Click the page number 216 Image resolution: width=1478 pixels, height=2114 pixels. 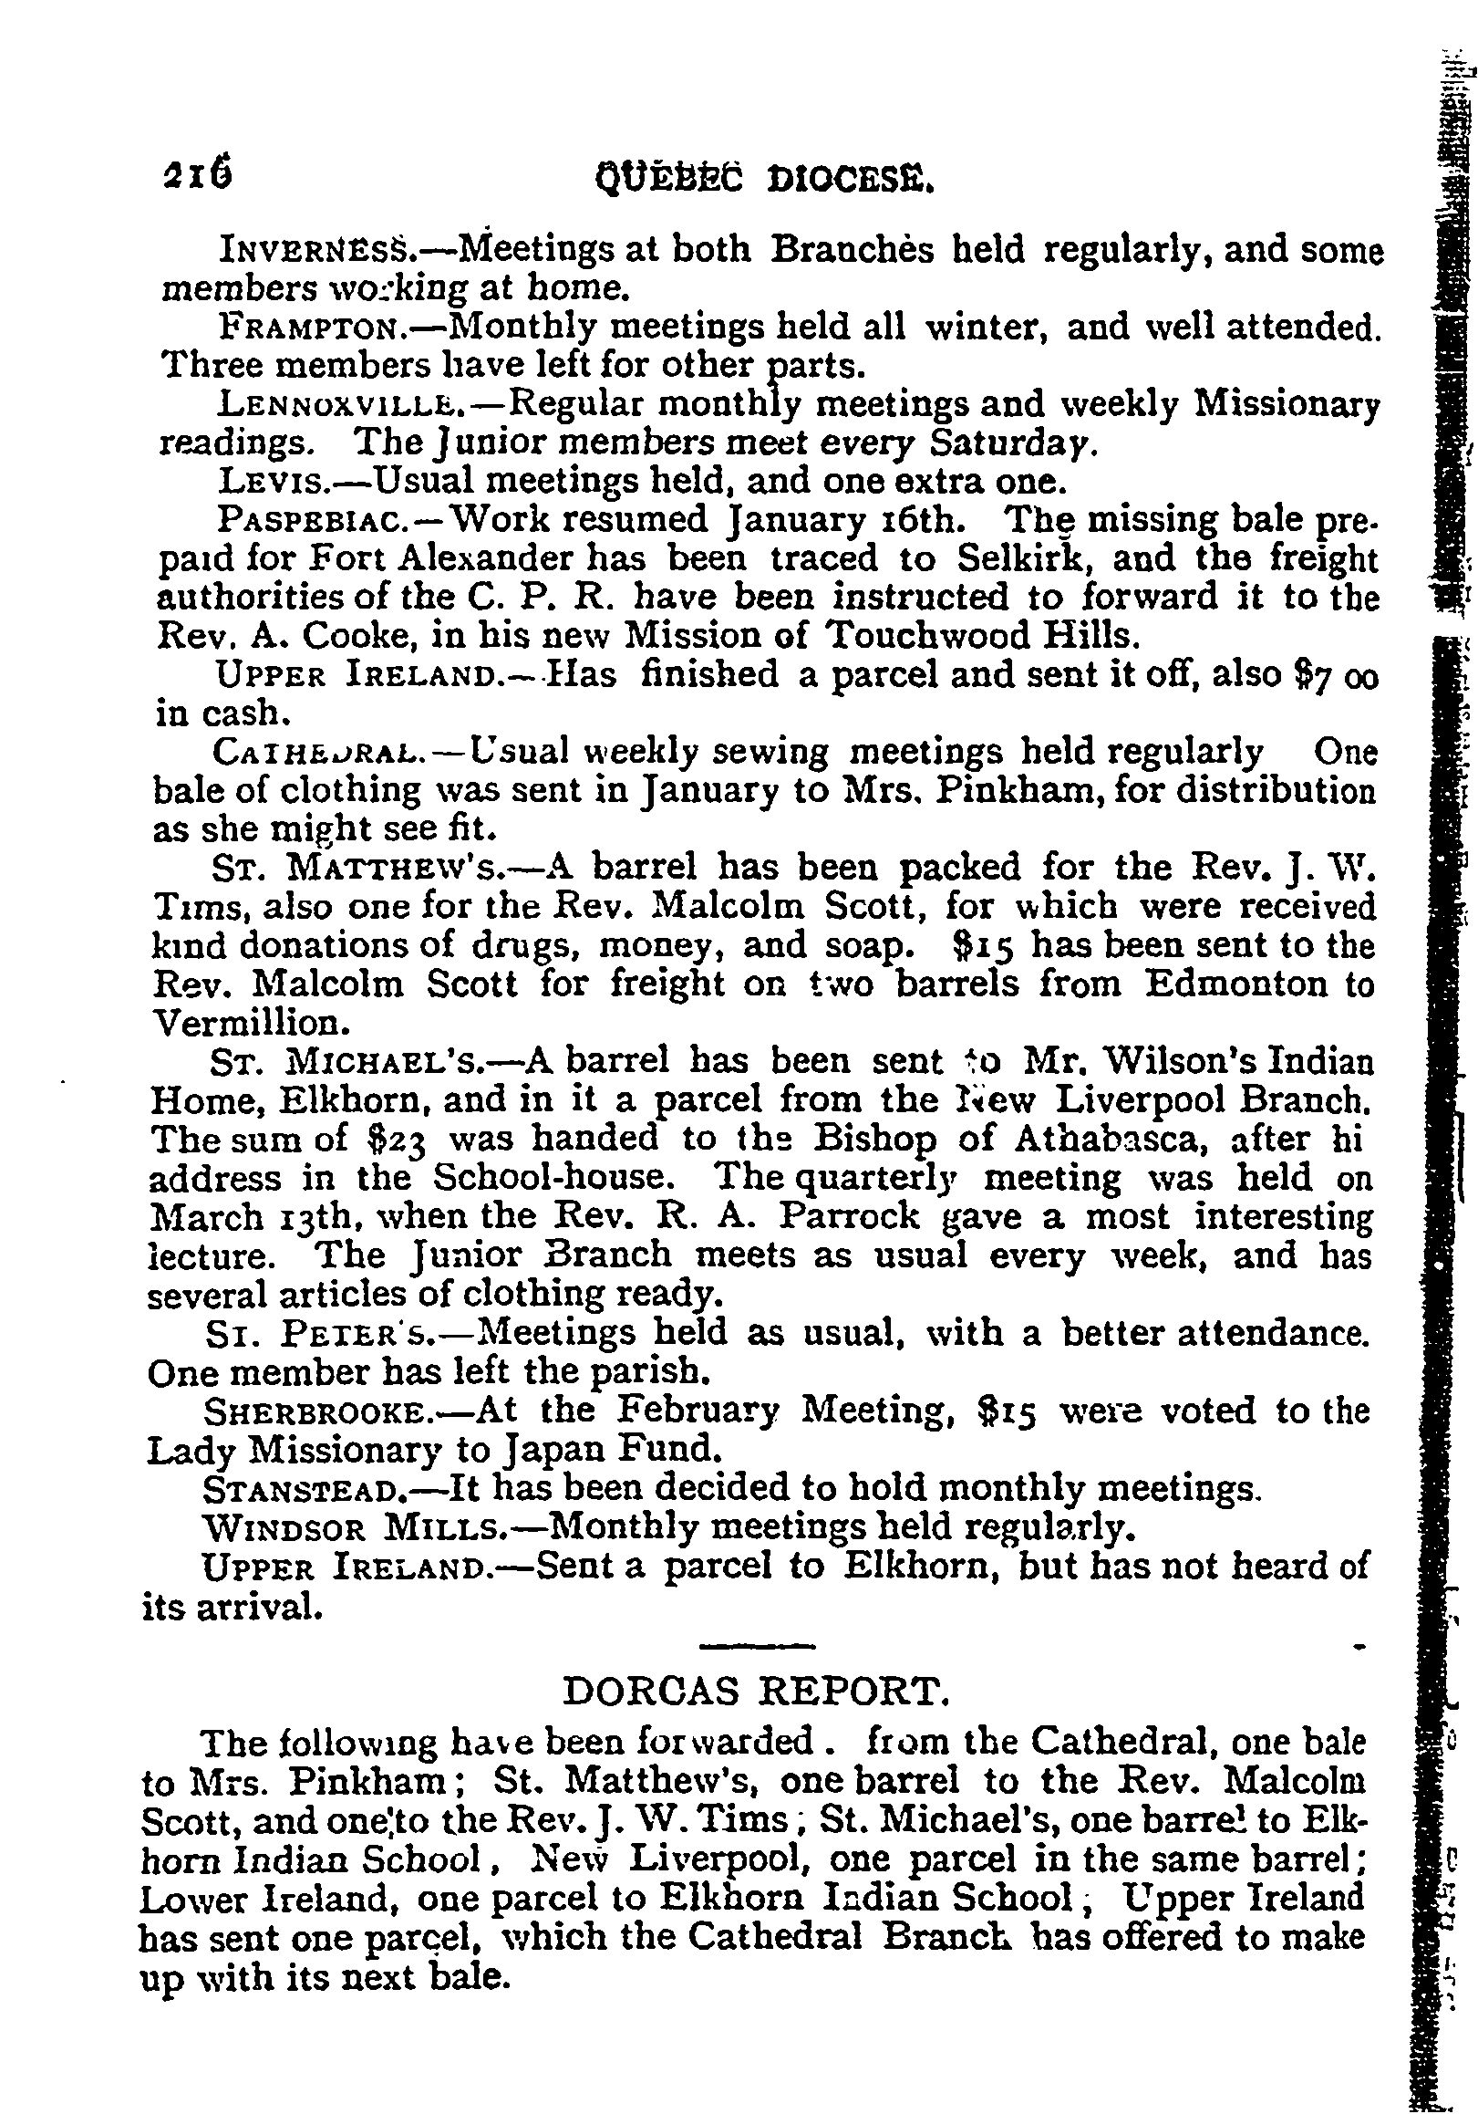(195, 172)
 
